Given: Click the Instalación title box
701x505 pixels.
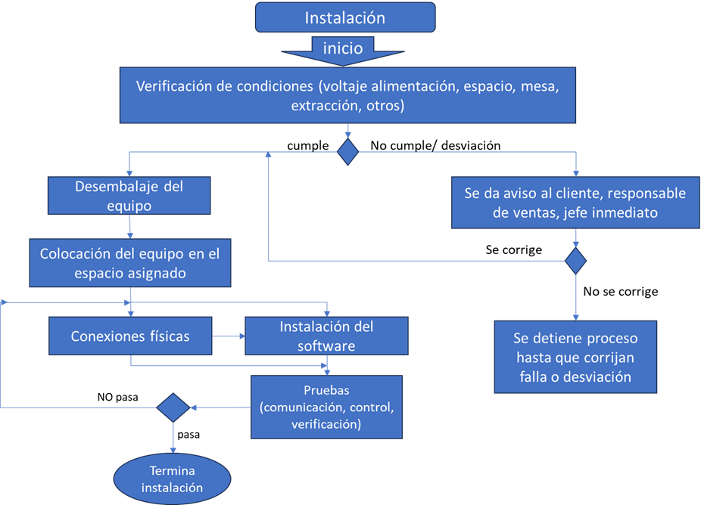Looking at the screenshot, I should (345, 17).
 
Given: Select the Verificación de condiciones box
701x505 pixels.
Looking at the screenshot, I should (347, 95).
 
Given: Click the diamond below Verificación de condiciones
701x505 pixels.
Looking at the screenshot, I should (347, 151).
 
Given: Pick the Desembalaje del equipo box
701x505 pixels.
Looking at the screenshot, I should (129, 195).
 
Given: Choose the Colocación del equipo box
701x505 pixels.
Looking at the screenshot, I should (130, 263).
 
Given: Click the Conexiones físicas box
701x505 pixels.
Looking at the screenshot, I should (130, 336).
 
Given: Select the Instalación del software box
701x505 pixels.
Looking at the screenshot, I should (326, 336).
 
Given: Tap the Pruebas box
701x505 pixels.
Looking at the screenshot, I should (326, 407).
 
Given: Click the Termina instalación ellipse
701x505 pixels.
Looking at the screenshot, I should (172, 479).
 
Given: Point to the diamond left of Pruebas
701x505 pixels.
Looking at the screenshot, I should (173, 407).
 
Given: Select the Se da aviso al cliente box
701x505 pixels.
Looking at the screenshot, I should (575, 203).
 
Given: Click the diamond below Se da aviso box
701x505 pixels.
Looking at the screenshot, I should (576, 261).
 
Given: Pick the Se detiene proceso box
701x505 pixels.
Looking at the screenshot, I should (575, 357).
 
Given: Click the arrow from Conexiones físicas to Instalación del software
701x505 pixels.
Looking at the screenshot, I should (228, 336).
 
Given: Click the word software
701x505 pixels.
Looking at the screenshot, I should (326, 345).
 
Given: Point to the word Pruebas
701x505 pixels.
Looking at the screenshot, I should (327, 391).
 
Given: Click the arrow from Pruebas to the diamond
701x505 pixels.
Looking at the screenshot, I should (220, 407).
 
